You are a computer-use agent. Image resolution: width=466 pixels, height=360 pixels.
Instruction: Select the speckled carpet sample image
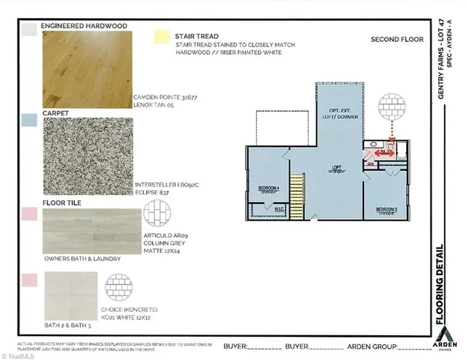click(90, 158)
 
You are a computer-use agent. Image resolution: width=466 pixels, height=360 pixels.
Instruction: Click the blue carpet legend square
click(30, 118)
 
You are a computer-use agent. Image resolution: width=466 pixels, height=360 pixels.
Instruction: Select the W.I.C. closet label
click(277, 208)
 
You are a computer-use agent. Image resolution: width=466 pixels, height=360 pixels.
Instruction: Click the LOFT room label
click(336, 167)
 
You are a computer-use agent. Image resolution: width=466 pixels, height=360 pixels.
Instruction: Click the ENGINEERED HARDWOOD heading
click(83, 25)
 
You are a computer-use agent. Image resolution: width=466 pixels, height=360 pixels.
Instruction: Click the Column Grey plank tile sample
click(91, 231)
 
